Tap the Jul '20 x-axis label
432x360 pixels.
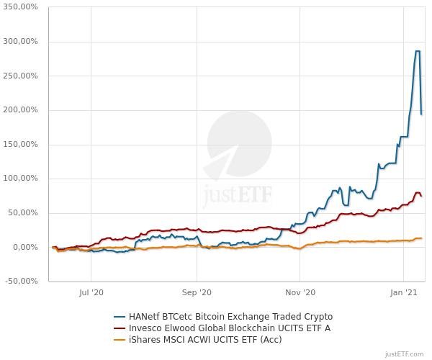pyautogui.click(x=91, y=292)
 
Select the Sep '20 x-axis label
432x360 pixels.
pyautogui.click(x=197, y=292)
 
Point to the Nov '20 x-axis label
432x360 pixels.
pyautogui.click(x=301, y=292)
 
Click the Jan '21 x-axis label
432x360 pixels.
pyautogui.click(x=404, y=292)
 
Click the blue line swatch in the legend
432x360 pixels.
pyautogui.click(x=120, y=316)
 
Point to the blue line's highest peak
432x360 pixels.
pyautogui.click(x=417, y=51)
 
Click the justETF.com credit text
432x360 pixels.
pyautogui.click(x=405, y=354)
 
